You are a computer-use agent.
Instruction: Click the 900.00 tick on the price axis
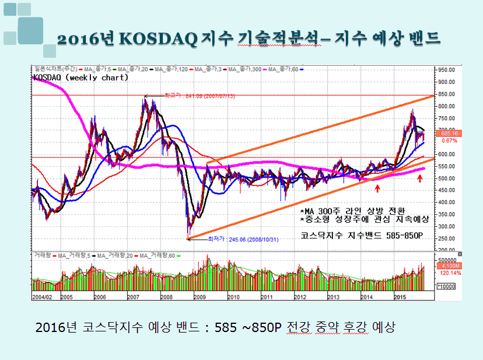447,82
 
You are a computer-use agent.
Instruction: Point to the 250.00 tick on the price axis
447,239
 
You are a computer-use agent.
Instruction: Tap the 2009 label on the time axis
199,297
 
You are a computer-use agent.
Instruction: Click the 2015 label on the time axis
400,297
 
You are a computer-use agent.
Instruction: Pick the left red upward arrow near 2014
378,188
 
